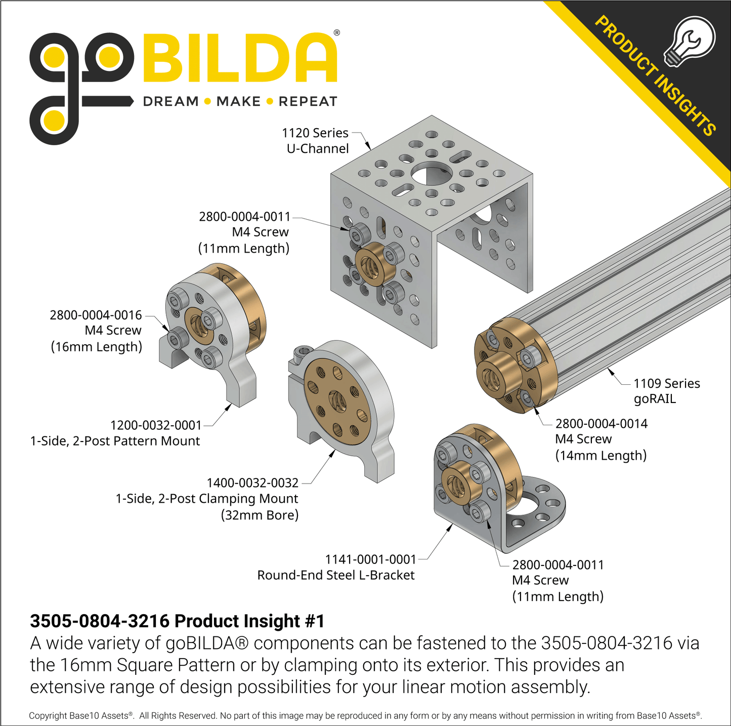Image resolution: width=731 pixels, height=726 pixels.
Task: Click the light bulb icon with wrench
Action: click(689, 42)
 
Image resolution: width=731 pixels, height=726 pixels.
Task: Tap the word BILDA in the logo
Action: click(240, 58)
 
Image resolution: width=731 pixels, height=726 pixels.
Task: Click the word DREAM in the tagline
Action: click(170, 101)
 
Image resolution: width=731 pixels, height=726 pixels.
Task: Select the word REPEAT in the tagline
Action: click(308, 101)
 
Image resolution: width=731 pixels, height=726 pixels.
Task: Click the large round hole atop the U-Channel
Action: click(432, 174)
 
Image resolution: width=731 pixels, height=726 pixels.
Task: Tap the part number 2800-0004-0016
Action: click(96, 315)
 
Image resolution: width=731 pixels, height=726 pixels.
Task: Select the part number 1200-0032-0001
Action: click(156, 425)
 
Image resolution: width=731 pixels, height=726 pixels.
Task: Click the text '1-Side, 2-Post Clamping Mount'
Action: click(207, 499)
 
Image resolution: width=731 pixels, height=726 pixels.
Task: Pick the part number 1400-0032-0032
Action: click(252, 482)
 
